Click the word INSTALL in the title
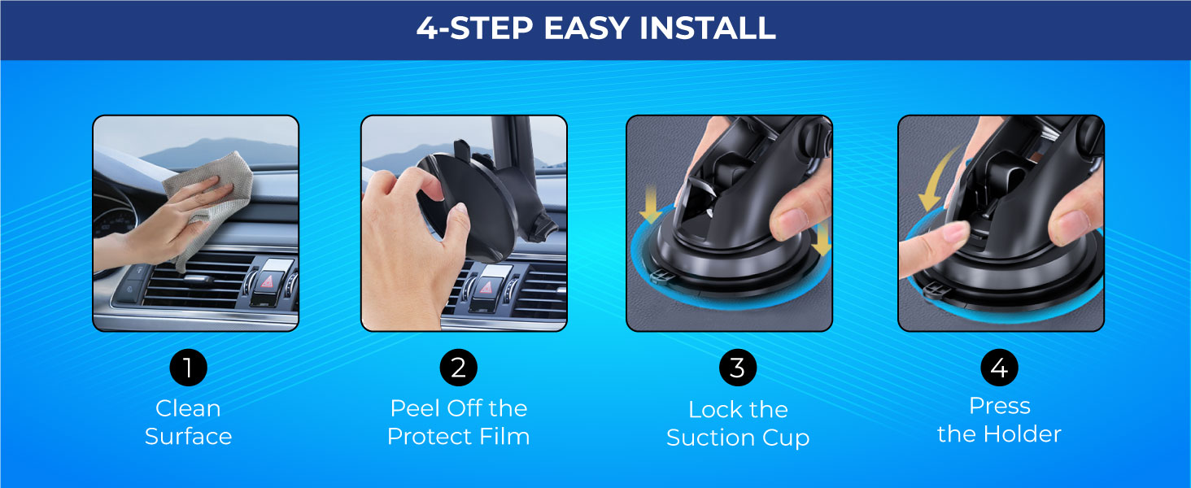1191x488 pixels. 707,28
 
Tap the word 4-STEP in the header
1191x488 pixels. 474,28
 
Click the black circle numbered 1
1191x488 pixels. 188,368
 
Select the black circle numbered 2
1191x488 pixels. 458,368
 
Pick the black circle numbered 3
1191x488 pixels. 738,368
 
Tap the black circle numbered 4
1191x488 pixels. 1000,368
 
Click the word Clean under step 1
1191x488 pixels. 188,408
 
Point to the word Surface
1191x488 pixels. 188,437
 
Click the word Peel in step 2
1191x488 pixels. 415,408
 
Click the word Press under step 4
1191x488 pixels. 1000,406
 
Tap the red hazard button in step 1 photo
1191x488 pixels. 268,281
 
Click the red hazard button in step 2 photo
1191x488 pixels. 486,288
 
